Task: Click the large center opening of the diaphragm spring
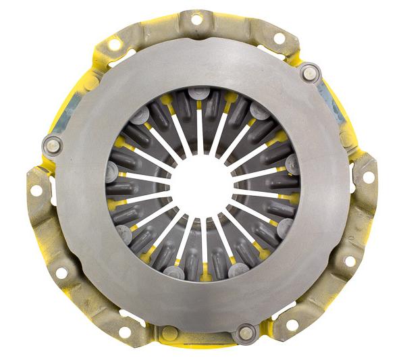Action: [202, 183]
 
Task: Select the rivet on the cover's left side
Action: [51, 143]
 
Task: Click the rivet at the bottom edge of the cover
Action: [244, 332]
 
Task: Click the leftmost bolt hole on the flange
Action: [36, 191]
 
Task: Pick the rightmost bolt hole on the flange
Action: [369, 177]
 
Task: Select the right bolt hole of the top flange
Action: [279, 38]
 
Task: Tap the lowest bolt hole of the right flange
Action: [350, 261]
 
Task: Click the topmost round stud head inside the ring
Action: [197, 93]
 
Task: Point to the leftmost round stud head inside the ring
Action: [111, 168]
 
